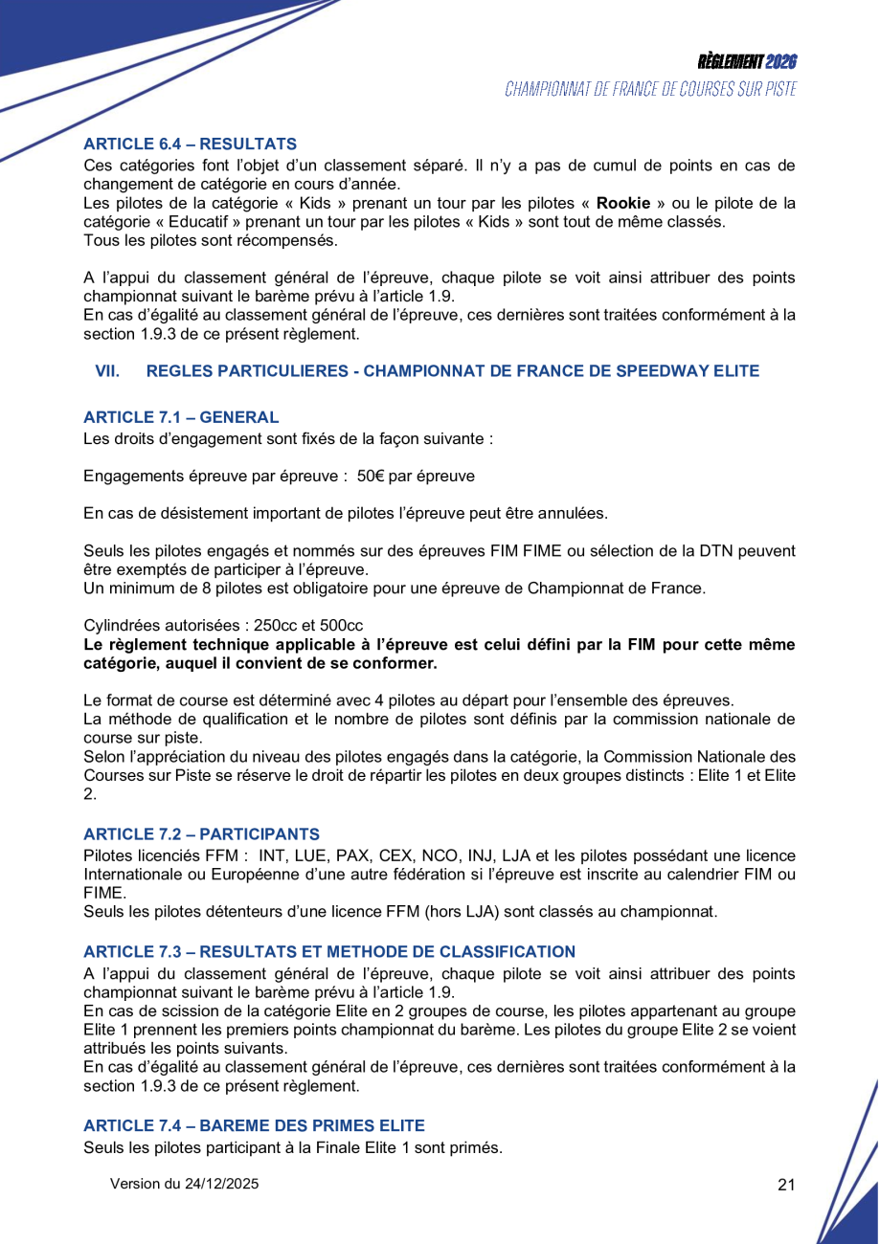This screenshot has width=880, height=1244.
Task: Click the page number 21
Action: click(x=786, y=1185)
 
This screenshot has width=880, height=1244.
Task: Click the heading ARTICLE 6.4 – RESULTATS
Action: click(x=190, y=144)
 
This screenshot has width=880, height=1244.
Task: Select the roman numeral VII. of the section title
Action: click(x=107, y=371)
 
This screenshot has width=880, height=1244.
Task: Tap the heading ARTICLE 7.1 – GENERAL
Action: click(x=181, y=417)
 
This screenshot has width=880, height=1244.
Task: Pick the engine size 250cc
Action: click(x=278, y=625)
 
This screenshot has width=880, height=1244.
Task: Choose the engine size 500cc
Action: click(x=341, y=625)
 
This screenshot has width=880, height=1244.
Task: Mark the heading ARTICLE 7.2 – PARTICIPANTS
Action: click(x=201, y=834)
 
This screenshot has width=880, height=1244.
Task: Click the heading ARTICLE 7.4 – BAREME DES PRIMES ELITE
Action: click(x=254, y=1125)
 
